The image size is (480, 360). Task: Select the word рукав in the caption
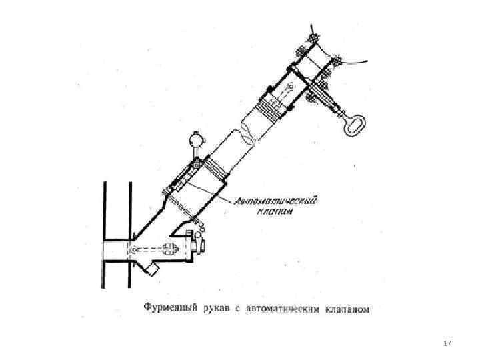click(x=215, y=308)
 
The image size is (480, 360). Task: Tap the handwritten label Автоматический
click(x=275, y=200)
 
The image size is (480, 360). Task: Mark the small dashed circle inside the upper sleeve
click(x=293, y=85)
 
